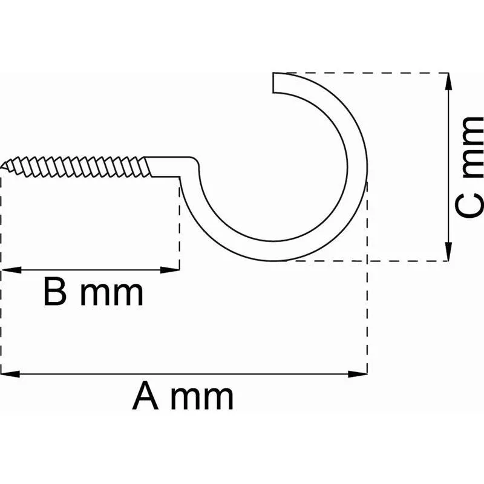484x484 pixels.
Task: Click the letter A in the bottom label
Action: (145, 396)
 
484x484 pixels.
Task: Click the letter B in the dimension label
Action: (56, 292)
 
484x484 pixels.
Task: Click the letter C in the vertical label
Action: (469, 205)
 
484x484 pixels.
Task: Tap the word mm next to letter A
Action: (202, 399)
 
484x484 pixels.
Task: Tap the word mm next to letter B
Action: (112, 295)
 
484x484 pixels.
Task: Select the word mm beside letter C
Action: (473, 148)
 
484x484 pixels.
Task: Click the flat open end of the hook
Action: (273, 82)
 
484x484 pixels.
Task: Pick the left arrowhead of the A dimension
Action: (10, 374)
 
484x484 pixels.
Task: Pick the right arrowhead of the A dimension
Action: (358, 374)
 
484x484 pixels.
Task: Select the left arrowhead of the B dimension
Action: (11, 270)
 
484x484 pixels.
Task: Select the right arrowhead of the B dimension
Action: (170, 270)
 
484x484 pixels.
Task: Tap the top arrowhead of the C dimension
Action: (448, 82)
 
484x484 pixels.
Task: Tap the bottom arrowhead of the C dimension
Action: (448, 252)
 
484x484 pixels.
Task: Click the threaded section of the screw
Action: (76, 167)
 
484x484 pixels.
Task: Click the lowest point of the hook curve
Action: (274, 261)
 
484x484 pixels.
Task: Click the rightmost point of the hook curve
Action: (367, 167)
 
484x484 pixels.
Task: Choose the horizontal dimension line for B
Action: (90, 270)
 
